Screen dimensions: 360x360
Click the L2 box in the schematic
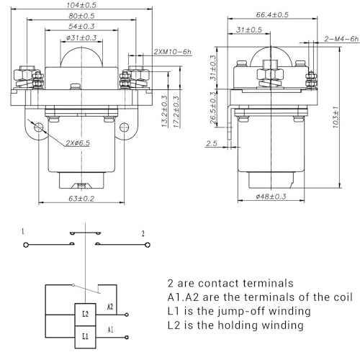click(x=85, y=315)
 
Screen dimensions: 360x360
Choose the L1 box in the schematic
click(x=85, y=336)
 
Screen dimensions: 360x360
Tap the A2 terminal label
click(x=109, y=307)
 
